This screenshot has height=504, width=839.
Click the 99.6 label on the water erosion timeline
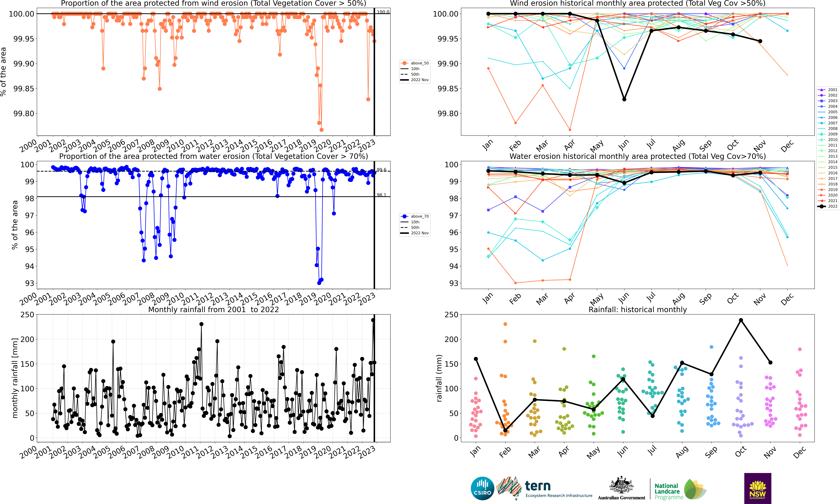381,170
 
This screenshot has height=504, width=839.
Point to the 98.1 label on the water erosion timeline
381,195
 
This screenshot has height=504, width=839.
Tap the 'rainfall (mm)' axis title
439,378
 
